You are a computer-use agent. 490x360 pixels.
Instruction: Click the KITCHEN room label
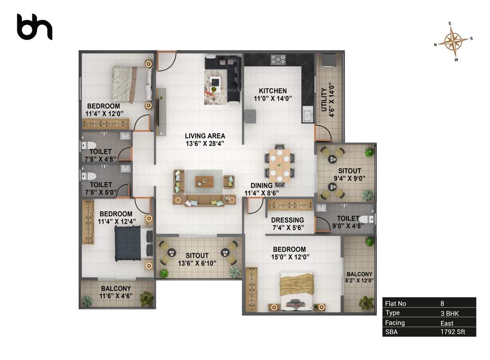point(274,91)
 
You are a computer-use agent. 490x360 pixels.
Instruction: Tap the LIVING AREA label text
point(205,136)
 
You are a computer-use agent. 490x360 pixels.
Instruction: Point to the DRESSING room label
point(288,220)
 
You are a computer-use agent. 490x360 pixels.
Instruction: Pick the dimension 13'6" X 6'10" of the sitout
point(196,263)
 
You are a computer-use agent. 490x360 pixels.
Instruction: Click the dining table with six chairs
point(279,165)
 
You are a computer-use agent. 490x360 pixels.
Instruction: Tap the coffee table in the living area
point(204,181)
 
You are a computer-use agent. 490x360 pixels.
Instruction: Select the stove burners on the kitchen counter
point(278,60)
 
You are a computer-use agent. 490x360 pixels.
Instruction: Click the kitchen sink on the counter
point(308,113)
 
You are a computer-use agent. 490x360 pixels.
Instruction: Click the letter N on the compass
point(436,45)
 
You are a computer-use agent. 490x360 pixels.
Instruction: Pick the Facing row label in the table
point(394,322)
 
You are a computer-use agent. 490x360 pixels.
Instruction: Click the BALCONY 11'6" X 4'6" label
point(116,292)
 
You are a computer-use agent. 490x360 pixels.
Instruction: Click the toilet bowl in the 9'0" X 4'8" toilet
point(368,218)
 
